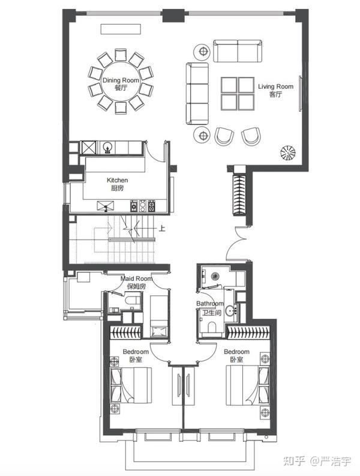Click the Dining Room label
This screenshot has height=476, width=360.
[121, 80]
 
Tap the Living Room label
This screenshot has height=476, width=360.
[275, 86]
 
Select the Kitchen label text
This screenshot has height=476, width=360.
[117, 180]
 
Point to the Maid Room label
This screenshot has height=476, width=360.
[136, 279]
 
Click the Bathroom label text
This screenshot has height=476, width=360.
[210, 304]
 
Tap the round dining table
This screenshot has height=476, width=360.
[121, 82]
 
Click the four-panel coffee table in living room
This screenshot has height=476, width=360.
[238, 94]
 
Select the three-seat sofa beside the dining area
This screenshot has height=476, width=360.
[197, 94]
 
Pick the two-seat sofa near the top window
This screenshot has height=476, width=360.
[238, 50]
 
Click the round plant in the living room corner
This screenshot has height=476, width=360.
[288, 152]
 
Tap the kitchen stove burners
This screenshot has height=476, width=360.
[143, 205]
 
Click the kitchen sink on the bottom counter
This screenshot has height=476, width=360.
[106, 205]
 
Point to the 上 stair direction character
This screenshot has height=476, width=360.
[162, 228]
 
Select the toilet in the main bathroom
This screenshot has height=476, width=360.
[212, 327]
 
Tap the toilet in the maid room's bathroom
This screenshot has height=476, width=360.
[132, 301]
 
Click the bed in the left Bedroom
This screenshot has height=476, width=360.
[131, 385]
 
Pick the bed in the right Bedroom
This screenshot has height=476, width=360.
[248, 385]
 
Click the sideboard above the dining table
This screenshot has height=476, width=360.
[121, 29]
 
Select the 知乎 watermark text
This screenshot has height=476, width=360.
[294, 461]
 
